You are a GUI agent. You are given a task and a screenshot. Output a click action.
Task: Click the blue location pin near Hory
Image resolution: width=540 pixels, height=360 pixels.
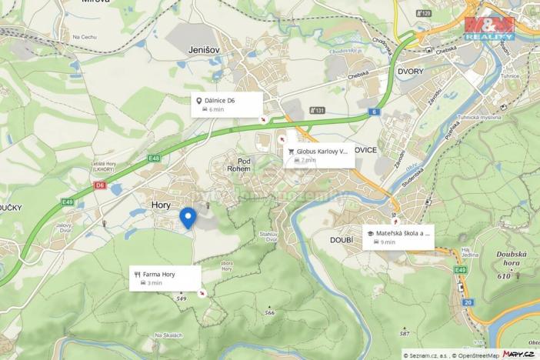pos(188,218)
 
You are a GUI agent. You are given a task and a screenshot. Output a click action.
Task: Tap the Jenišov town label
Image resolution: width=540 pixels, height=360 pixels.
pos(204,50)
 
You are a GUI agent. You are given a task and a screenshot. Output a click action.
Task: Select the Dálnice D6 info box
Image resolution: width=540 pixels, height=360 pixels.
pos(227,105)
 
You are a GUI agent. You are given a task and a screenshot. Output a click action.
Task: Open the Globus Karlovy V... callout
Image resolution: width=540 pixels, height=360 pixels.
pos(319,155)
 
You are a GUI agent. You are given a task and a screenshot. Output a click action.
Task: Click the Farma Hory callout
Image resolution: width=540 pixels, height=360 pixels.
pos(165,278)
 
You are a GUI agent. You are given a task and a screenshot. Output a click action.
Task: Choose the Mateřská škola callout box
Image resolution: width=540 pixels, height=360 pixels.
pos(398,237)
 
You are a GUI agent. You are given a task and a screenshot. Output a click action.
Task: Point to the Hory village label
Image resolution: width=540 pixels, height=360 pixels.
pos(162,205)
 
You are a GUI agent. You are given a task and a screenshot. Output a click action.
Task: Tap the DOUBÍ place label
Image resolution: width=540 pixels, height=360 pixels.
pos(341,241)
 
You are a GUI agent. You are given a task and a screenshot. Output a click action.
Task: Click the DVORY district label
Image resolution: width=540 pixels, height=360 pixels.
pos(411,71)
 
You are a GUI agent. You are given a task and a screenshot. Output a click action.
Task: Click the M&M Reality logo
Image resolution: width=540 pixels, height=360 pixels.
pos(489,28)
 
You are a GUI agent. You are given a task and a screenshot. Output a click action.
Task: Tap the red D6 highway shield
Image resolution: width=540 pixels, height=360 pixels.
pos(100,185)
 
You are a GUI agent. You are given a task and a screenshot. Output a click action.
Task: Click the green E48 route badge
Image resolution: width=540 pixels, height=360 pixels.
pos(155,158)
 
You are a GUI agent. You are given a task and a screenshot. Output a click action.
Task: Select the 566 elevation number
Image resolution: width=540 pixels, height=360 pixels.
pos(269,312)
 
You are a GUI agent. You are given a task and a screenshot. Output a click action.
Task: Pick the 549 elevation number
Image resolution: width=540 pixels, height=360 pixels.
pos(182,298)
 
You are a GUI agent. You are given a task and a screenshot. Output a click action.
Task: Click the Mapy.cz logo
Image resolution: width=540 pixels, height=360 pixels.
pos(518,353)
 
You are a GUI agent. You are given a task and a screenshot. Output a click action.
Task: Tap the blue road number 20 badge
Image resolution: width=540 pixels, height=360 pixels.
pos(468,302)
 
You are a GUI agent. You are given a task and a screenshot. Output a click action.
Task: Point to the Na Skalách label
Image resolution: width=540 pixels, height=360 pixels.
pos(168,335)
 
